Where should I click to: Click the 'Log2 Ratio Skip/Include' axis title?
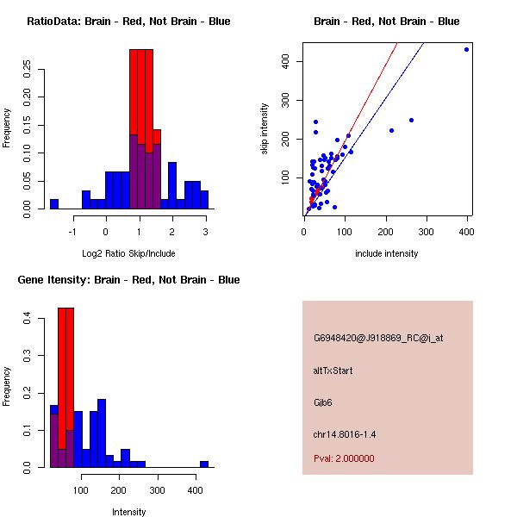[128, 252]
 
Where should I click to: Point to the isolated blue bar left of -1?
[53, 203]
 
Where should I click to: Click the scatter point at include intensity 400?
[466, 49]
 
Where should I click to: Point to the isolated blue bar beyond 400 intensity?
[204, 464]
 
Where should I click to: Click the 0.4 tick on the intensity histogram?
[28, 319]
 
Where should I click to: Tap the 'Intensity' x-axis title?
[128, 511]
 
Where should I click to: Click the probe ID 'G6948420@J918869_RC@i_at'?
[378, 339]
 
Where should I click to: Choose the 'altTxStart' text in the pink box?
[333, 371]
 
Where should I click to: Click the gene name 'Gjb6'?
[324, 402]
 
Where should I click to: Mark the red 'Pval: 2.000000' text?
[344, 458]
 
